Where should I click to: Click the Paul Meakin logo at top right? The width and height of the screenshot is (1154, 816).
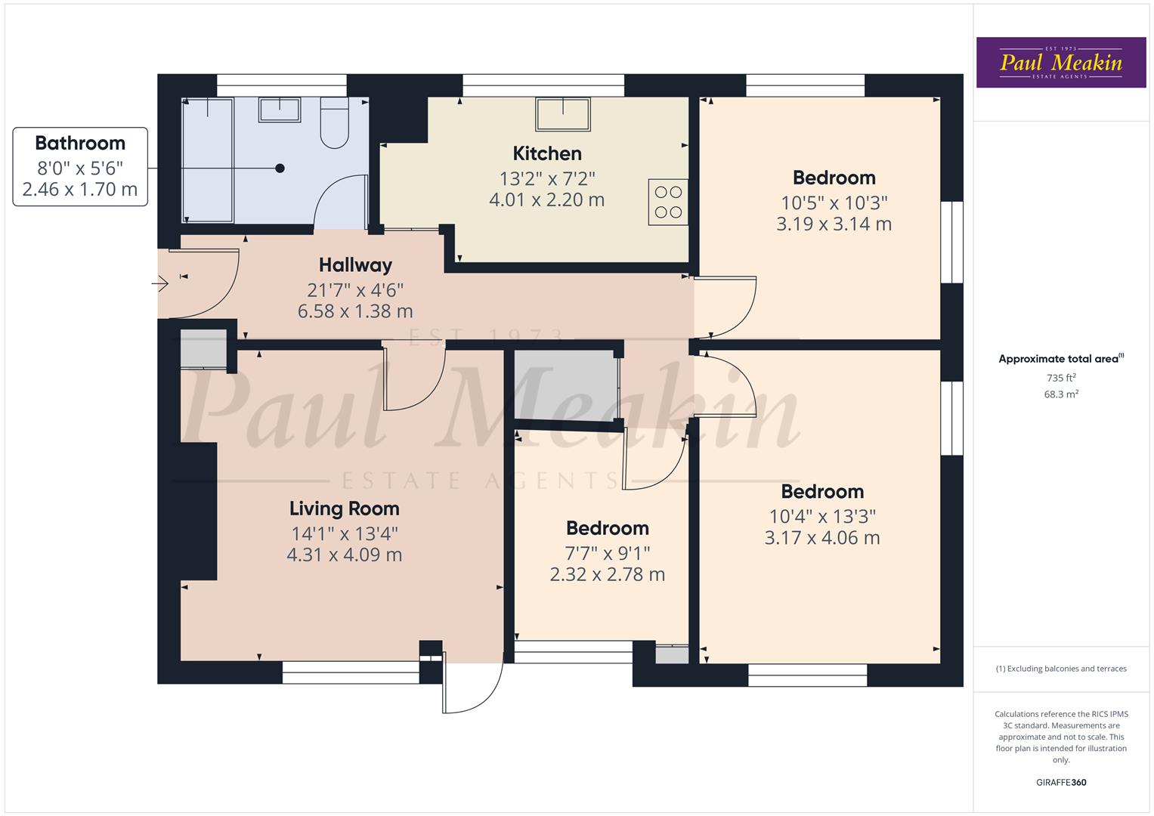tap(1061, 63)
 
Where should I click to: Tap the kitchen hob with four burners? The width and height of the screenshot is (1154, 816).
tap(668, 202)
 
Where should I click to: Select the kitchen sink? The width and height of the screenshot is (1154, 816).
tap(563, 114)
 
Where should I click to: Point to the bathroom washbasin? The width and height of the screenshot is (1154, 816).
tap(280, 110)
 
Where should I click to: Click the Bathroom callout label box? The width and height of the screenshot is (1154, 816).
tap(80, 166)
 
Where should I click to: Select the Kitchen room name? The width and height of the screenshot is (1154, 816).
tap(547, 153)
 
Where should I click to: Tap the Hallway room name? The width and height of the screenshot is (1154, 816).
tap(355, 265)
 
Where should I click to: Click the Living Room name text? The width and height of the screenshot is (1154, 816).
tap(345, 508)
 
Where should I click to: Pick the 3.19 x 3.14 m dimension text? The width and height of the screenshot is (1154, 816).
tap(834, 224)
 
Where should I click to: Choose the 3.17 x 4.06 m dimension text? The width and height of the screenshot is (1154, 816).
tap(822, 538)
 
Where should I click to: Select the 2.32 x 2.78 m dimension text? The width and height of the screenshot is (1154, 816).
tap(607, 574)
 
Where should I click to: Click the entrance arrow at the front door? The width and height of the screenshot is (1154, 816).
tap(160, 284)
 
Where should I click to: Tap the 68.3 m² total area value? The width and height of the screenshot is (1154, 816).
tap(1061, 394)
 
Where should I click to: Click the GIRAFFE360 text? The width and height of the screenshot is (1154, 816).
tap(1061, 782)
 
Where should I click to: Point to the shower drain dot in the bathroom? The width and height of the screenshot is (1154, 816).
tap(280, 168)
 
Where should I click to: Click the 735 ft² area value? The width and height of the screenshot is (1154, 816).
tap(1061, 378)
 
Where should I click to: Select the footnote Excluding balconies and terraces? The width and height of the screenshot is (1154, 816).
tap(1061, 669)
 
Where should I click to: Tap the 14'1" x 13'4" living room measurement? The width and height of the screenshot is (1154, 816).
tap(345, 533)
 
